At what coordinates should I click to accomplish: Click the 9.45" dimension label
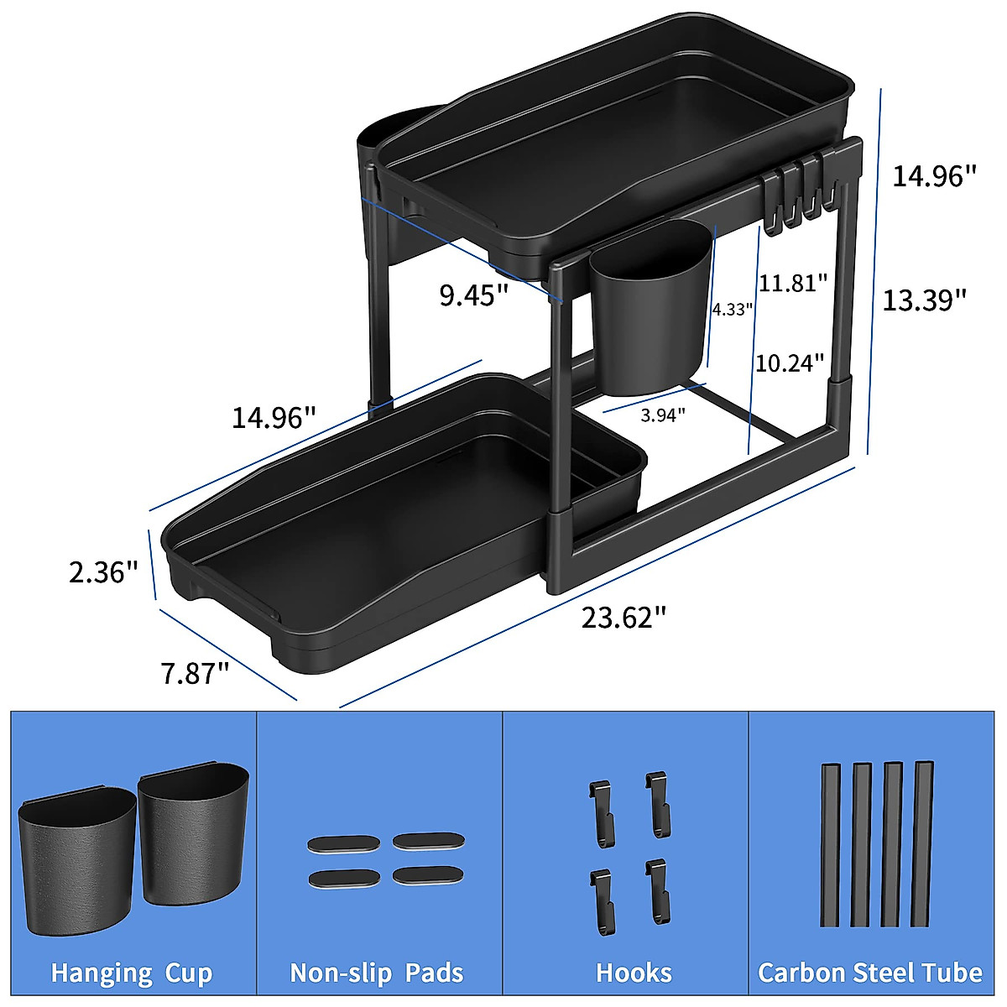[x=474, y=295]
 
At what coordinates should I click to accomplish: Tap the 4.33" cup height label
[x=732, y=309]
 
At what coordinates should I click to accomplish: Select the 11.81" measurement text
[x=793, y=283]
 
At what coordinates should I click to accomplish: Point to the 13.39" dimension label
[x=924, y=300]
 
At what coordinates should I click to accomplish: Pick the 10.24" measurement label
[x=790, y=363]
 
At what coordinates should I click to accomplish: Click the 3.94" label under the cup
[x=663, y=415]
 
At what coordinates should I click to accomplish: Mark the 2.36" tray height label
[x=103, y=572]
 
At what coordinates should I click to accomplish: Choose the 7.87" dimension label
[x=195, y=673]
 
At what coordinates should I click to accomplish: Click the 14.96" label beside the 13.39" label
[x=934, y=176]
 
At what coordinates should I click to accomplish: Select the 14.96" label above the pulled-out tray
[x=274, y=417]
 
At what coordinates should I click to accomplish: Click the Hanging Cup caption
[x=132, y=973]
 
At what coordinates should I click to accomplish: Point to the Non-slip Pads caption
[x=377, y=973]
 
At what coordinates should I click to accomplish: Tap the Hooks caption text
[x=634, y=973]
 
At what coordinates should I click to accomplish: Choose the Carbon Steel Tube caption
[x=870, y=973]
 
